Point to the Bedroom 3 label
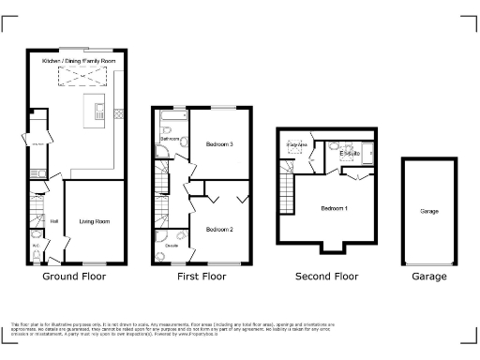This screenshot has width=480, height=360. pyautogui.click(x=218, y=144)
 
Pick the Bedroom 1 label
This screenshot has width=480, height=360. pyautogui.click(x=333, y=207)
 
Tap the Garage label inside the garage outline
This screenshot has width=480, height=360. pyautogui.click(x=429, y=212)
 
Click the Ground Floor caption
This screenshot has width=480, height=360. pyautogui.click(x=74, y=277)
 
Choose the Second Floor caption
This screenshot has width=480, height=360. pyautogui.click(x=326, y=277)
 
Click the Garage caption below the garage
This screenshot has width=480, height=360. pyautogui.click(x=429, y=277)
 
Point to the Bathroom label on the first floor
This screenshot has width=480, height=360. pyautogui.click(x=170, y=139)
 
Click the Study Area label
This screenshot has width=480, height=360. pyautogui.click(x=296, y=145)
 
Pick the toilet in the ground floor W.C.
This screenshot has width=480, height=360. pyautogui.click(x=35, y=253)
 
